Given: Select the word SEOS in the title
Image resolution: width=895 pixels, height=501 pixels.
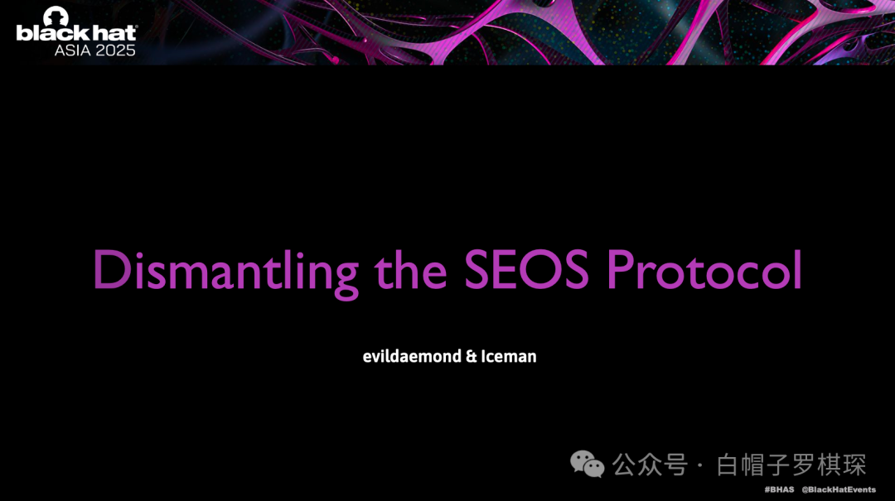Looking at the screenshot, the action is [526, 269].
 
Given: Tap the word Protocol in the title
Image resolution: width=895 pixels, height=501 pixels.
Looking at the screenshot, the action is [704, 269].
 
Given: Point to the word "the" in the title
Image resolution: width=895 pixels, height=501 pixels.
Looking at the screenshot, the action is [411, 269].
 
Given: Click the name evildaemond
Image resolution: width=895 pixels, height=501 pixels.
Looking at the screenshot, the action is [412, 356].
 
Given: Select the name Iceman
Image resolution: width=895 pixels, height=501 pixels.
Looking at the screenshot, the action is [509, 356].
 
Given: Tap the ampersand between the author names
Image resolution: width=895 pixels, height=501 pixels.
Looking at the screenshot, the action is [471, 357].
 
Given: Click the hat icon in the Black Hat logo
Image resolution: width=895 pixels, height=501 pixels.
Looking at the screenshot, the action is [56, 16].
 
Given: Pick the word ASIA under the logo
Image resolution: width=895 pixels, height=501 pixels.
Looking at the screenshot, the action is [72, 51].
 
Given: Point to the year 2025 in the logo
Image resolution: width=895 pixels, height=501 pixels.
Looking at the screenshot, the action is [115, 51].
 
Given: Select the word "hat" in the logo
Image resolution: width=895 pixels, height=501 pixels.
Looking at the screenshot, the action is [114, 32].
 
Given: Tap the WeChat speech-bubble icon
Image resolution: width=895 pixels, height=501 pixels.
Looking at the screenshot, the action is [588, 464].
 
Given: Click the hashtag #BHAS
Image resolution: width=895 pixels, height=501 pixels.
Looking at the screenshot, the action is [779, 489].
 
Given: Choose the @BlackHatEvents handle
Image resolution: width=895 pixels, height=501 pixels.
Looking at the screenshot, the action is [839, 489].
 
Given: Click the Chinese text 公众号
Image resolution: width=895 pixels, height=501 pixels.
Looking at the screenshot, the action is [651, 465].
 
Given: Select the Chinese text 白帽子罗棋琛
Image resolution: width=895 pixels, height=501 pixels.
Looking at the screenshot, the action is [791, 465].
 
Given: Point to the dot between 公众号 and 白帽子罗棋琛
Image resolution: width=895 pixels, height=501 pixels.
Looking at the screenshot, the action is [700, 465].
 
